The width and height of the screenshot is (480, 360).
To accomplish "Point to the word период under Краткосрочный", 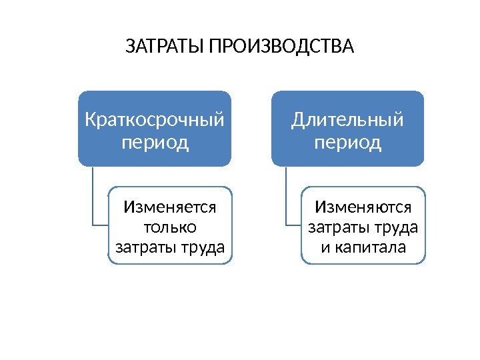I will pos(155,143).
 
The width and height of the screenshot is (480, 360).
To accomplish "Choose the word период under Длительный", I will pos(347,143).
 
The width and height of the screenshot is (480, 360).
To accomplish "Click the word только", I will pos(170,227).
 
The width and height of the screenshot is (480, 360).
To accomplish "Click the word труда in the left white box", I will pos(203,248).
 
